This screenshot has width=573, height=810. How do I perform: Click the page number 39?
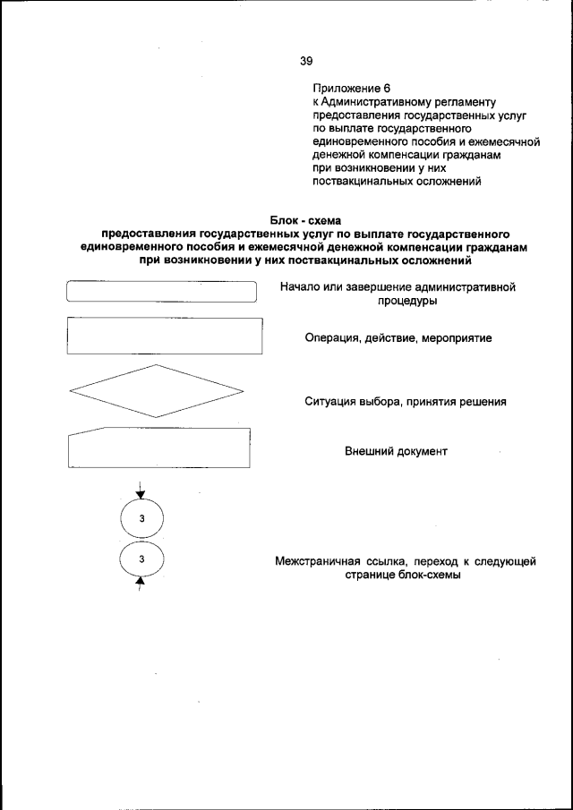point(306,61)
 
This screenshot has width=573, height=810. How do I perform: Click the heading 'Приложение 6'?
point(352,89)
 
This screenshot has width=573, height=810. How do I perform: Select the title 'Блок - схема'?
point(305,220)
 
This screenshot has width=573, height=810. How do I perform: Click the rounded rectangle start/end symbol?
point(162,294)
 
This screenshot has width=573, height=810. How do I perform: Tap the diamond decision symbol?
point(157,391)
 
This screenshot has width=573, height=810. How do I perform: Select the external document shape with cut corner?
point(158,448)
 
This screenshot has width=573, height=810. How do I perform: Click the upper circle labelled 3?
point(141,520)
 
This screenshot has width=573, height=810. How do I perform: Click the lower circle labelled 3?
point(141,560)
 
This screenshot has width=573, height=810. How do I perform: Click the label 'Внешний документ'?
point(396,452)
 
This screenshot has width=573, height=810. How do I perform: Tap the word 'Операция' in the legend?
point(331,339)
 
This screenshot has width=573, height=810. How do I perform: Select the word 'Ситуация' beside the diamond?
point(334,402)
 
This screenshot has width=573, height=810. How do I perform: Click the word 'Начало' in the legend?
point(300,287)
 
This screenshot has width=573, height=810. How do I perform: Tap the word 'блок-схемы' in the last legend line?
point(429,576)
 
